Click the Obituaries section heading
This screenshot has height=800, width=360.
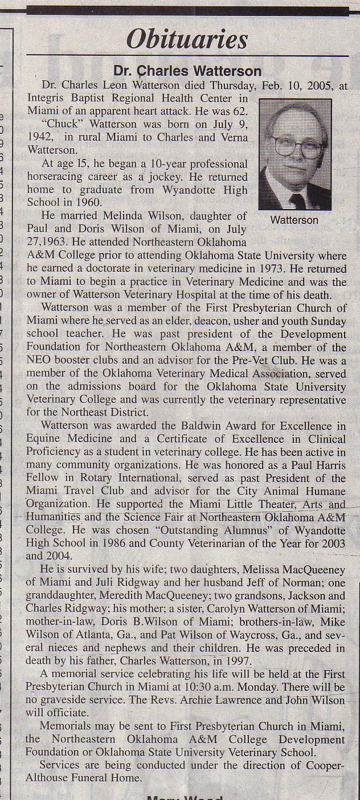click(187, 40)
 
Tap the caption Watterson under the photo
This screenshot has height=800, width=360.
click(294, 220)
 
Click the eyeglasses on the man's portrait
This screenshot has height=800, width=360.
click(297, 147)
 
